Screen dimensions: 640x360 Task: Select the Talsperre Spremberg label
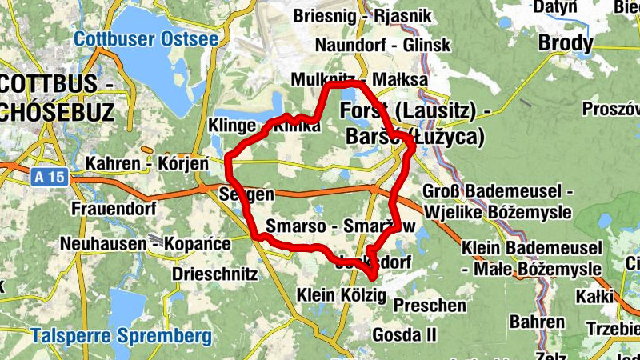pyautogui.click(x=121, y=335)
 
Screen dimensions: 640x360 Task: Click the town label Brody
pyautogui.click(x=566, y=42)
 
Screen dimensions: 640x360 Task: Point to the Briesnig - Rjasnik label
pyautogui.click(x=362, y=16)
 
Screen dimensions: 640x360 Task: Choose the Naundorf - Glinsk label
pyautogui.click(x=382, y=45)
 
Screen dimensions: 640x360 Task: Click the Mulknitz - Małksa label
pyautogui.click(x=359, y=80)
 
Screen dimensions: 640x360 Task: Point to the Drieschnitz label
pyautogui.click(x=214, y=274)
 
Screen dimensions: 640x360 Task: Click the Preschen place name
pyautogui.click(x=430, y=306)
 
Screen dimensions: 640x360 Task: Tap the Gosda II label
pyautogui.click(x=404, y=334)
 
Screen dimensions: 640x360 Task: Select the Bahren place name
pyautogui.click(x=537, y=322)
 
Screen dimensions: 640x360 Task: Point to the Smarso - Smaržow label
pyautogui.click(x=341, y=226)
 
